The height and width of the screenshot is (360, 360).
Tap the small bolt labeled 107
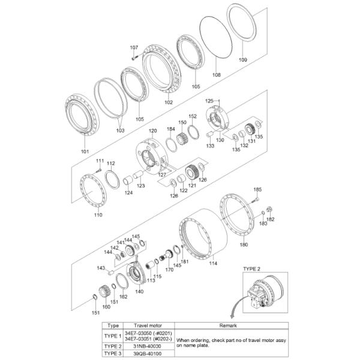[x=134, y=58]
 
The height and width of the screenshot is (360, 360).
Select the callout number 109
[x=243, y=59]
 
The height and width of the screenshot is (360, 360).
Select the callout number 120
[x=152, y=130]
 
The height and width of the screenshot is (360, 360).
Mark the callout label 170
[x=169, y=269]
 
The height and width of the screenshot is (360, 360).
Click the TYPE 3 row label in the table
[x=112, y=353]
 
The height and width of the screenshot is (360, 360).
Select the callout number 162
[x=124, y=296]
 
